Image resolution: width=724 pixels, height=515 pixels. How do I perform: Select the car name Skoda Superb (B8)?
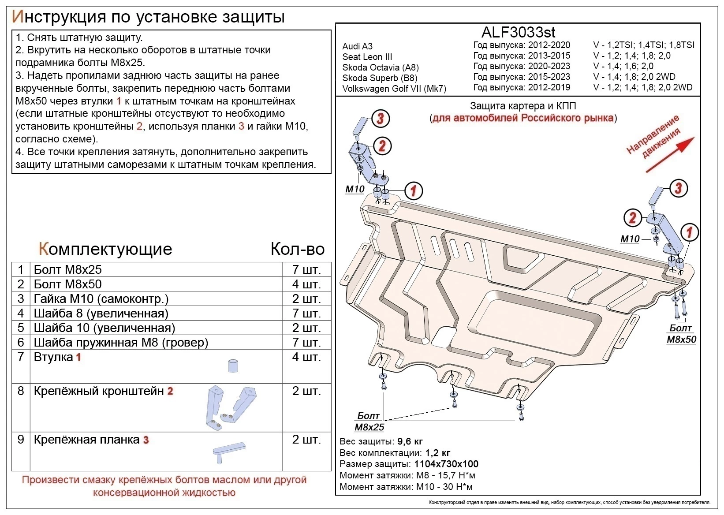pyautogui.click(x=379, y=78)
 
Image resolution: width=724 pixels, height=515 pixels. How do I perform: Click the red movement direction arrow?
pyautogui.click(x=670, y=154)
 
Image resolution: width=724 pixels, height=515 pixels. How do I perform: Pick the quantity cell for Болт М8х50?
pyautogui.click(x=306, y=284)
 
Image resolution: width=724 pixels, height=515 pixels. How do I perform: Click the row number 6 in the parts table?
pyautogui.click(x=21, y=342)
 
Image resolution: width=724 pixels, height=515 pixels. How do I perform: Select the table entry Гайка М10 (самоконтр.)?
pyautogui.click(x=101, y=299)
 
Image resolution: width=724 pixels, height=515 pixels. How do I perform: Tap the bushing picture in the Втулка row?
pyautogui.click(x=233, y=366)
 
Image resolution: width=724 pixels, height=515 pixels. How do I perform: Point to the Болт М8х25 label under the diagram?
pyautogui.click(x=369, y=422)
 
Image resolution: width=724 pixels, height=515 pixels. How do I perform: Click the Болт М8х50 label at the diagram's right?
pyautogui.click(x=681, y=334)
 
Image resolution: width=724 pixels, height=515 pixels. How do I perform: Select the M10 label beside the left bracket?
pyautogui.click(x=355, y=189)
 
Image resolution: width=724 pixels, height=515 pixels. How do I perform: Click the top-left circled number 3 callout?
pyautogui.click(x=381, y=118)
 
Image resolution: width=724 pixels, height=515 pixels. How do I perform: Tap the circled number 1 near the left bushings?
pyautogui.click(x=413, y=190)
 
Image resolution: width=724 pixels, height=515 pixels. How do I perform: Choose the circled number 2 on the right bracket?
pyautogui.click(x=633, y=217)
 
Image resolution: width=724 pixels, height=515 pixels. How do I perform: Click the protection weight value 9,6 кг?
pyautogui.click(x=410, y=441)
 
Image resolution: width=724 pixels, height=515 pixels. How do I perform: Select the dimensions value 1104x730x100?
pyautogui.click(x=446, y=464)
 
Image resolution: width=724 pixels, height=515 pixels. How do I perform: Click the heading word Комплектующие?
pyautogui.click(x=105, y=249)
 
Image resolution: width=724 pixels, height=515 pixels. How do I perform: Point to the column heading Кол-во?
pyautogui.click(x=297, y=249)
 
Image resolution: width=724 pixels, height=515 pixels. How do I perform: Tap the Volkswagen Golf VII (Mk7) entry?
pyautogui.click(x=394, y=89)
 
